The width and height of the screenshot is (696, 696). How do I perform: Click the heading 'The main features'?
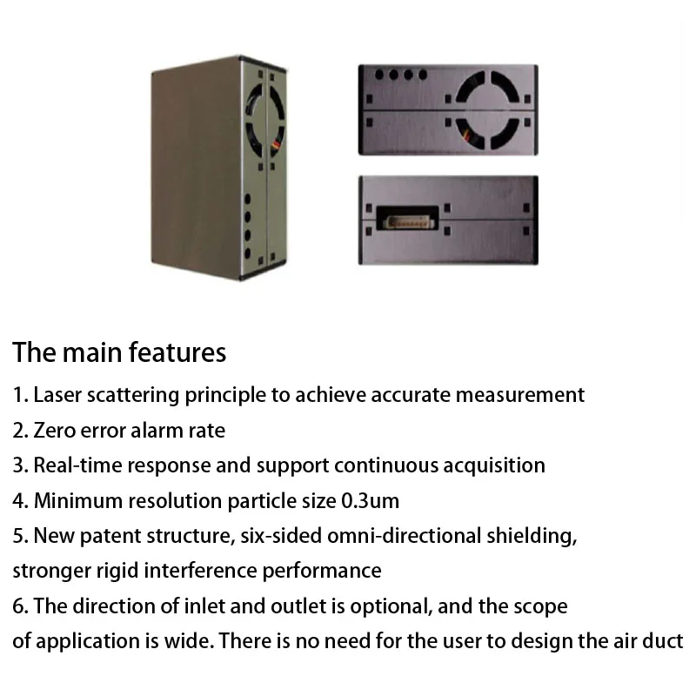[119, 352]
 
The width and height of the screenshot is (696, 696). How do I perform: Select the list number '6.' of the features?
[21, 606]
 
